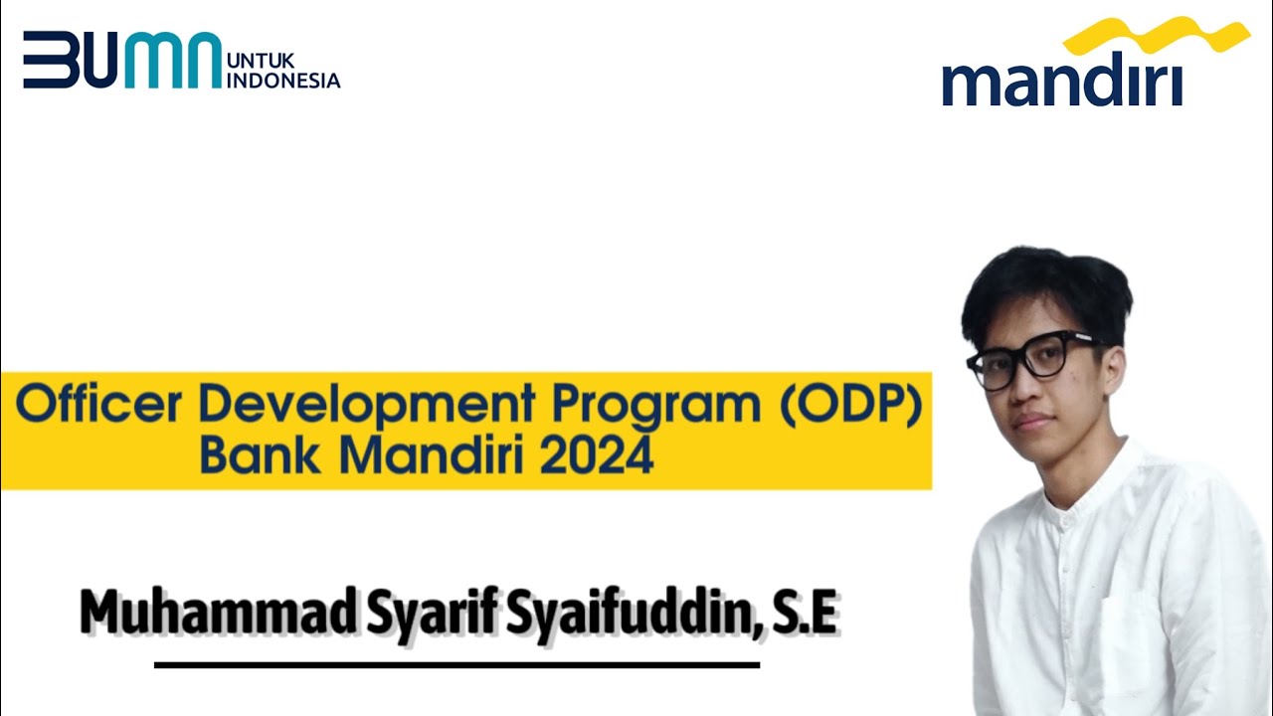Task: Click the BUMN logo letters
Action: click(x=121, y=60)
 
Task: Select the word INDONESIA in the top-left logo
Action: click(x=284, y=82)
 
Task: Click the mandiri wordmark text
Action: click(x=1061, y=83)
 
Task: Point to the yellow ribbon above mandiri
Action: click(x=1156, y=37)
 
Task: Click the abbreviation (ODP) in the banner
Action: click(x=851, y=407)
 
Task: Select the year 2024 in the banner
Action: click(x=597, y=456)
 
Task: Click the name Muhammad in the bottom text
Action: click(x=217, y=613)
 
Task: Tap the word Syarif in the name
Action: click(x=431, y=613)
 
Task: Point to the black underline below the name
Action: click(x=456, y=664)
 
